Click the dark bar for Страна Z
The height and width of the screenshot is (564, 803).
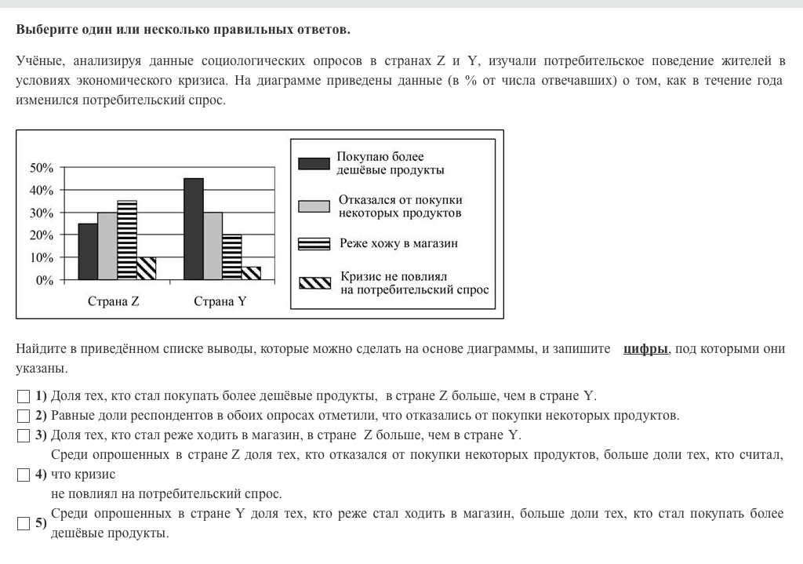coord(88,251)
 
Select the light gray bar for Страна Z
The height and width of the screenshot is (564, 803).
coord(107,246)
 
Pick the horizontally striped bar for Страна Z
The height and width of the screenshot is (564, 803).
coord(127,240)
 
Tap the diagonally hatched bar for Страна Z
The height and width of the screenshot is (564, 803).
coord(146,268)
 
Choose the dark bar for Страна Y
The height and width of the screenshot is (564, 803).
coord(193,229)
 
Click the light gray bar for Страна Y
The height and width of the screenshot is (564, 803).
coord(213,246)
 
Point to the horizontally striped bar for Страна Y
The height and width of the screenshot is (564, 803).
coord(231,257)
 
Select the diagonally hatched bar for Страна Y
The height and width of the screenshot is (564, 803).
coord(251,273)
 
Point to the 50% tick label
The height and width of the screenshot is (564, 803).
coord(42,168)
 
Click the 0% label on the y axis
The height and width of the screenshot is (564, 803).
coord(45,280)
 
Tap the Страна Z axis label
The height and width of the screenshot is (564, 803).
coord(114,301)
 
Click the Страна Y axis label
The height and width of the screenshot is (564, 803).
coord(220,301)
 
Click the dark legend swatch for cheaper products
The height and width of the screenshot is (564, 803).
coord(314,163)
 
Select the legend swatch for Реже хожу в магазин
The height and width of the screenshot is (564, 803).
coord(314,244)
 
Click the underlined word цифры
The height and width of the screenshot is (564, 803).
coord(645,349)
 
